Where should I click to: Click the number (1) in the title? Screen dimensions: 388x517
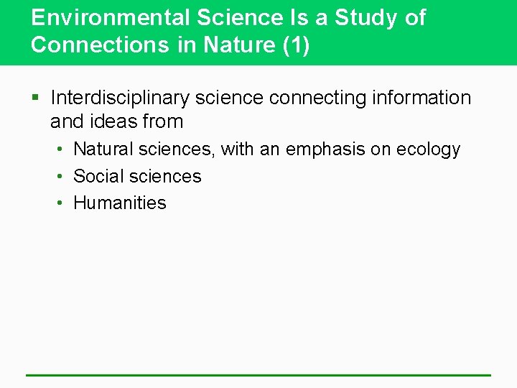click(296, 45)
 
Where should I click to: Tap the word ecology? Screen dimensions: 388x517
click(429, 150)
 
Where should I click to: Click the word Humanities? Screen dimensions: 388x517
click(120, 203)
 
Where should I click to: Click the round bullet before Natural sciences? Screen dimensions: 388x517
click(62, 149)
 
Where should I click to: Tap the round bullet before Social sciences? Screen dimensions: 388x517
click(62, 176)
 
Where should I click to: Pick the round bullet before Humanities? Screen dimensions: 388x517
click(62, 203)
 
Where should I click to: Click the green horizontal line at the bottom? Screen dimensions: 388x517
click(258, 374)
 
